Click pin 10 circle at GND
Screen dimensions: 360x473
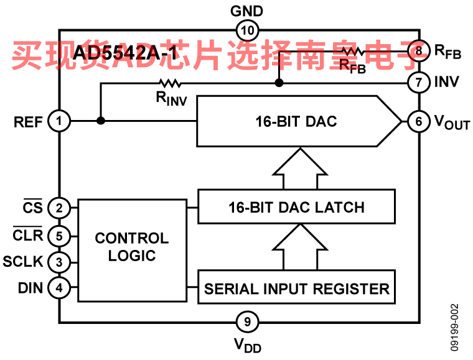point(247,30)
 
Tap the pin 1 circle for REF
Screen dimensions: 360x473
point(60,121)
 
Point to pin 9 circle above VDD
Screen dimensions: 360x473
point(247,321)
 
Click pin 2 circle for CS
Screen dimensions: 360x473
point(60,208)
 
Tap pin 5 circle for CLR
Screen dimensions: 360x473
point(60,236)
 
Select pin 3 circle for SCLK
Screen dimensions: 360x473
point(60,262)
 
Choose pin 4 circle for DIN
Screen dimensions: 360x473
point(60,288)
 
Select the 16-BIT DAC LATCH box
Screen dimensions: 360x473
point(296,207)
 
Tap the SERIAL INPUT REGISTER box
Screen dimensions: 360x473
point(296,288)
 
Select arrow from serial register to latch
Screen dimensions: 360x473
point(300,247)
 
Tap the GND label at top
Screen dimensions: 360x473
point(247,11)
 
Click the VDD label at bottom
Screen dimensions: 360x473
point(247,344)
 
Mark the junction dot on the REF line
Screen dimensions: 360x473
point(100,121)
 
